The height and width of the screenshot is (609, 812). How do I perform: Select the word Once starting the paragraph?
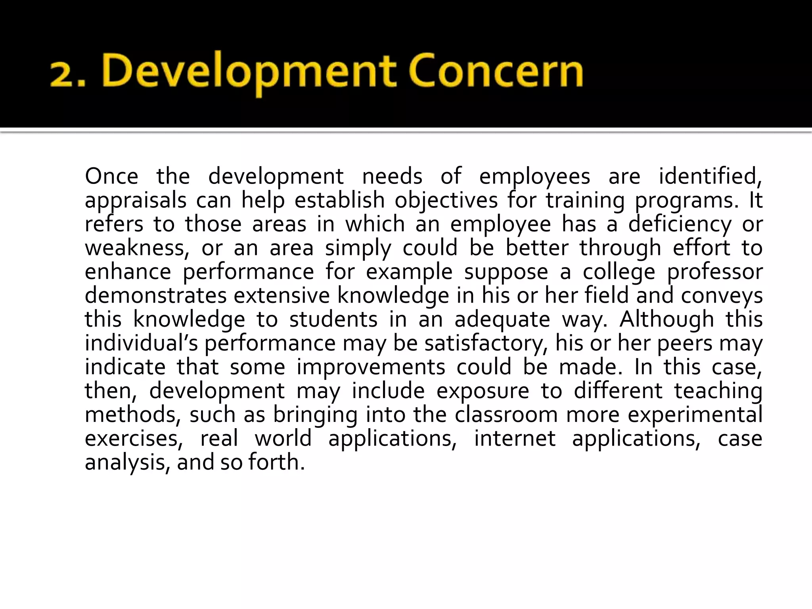111,176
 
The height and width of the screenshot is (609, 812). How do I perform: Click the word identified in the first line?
710,176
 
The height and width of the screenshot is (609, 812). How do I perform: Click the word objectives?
446,200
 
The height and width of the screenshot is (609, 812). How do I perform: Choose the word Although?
666,320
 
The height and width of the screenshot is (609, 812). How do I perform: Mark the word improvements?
371,367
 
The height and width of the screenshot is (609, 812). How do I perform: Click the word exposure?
483,391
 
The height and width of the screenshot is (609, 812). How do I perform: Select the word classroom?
506,415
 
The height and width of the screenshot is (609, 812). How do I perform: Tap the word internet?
515,439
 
